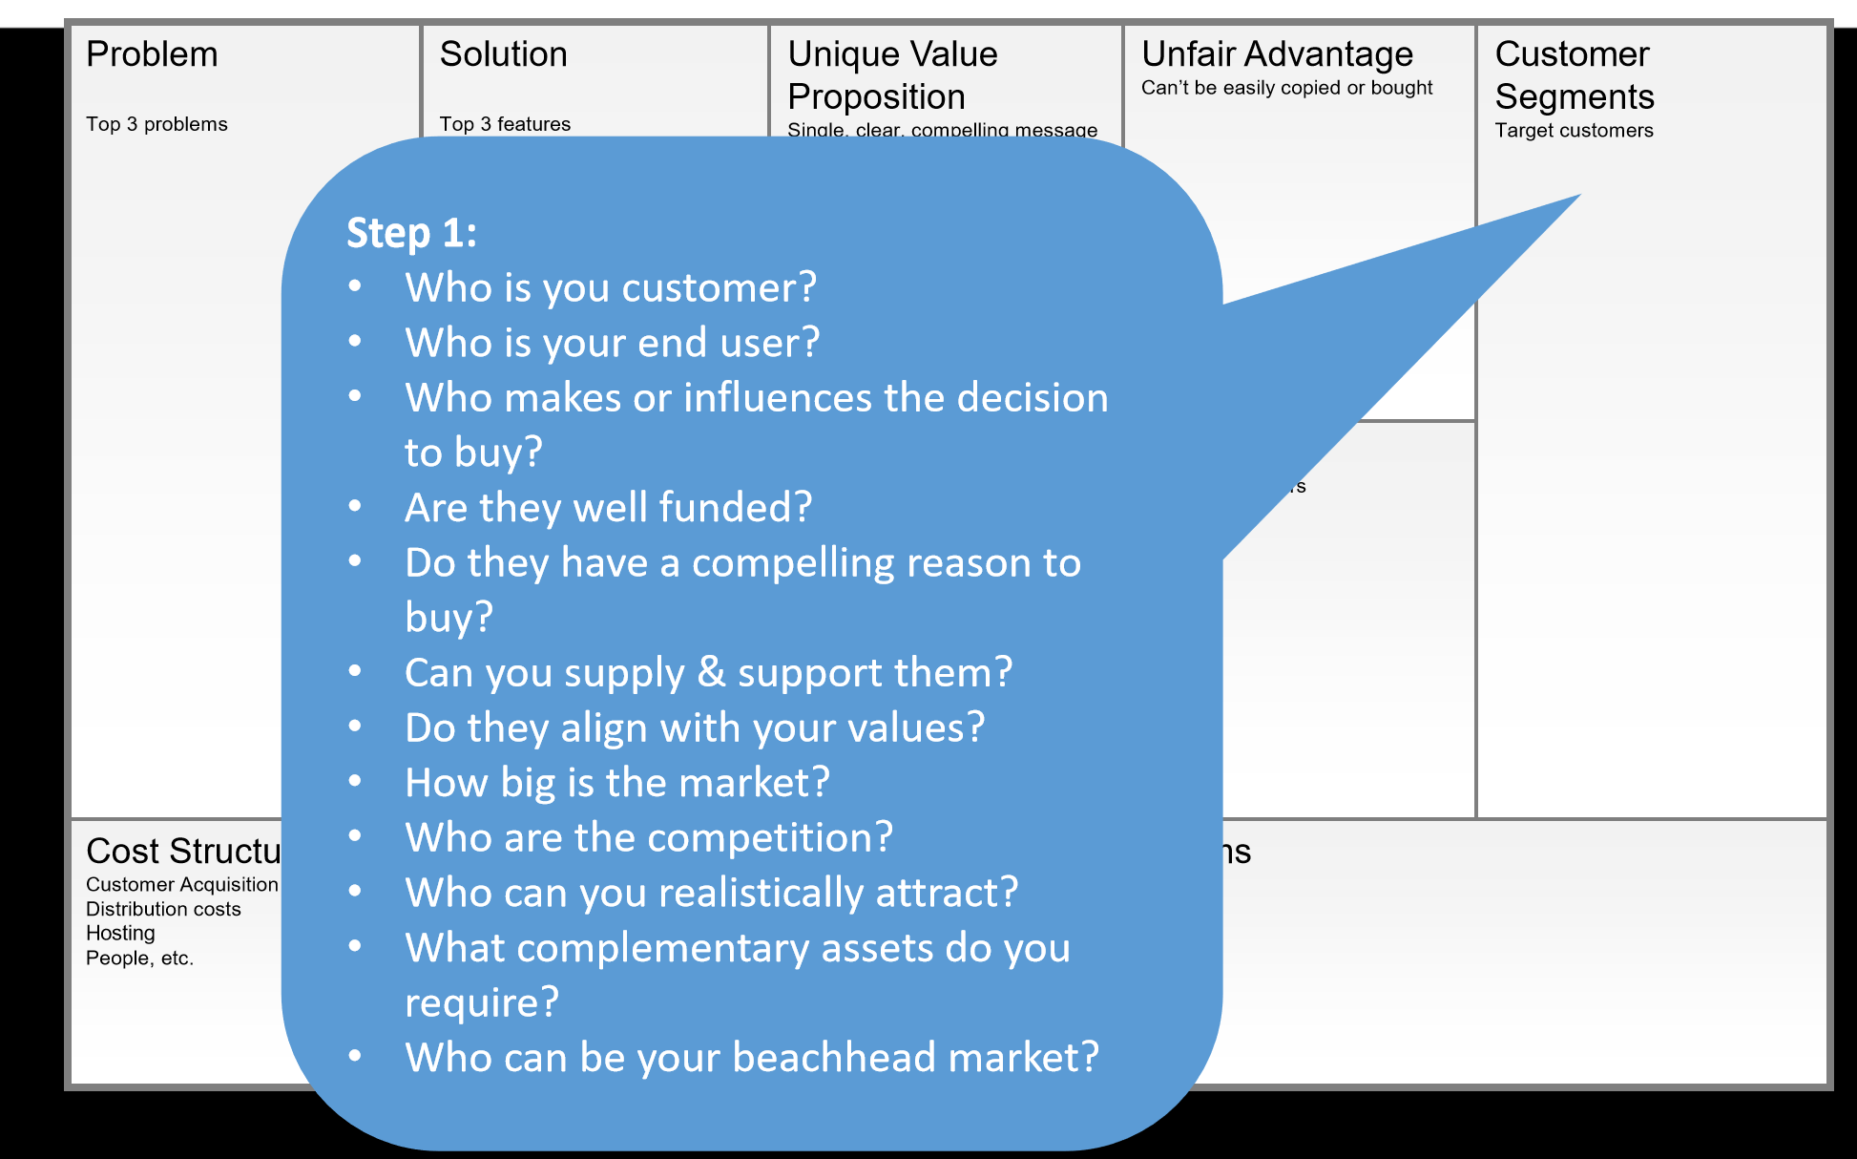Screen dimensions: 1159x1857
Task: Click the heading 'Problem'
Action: [x=152, y=54]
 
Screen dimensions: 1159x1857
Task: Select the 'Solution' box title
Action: [x=503, y=54]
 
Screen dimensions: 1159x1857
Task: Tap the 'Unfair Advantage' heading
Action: [x=1277, y=54]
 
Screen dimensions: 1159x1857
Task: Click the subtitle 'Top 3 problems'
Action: [x=156, y=124]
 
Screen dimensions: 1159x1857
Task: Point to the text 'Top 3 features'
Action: [x=505, y=124]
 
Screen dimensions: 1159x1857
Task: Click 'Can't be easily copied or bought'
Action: [x=1286, y=88]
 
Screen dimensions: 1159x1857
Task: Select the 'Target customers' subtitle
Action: [x=1574, y=131]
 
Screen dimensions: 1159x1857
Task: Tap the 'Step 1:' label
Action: [x=411, y=233]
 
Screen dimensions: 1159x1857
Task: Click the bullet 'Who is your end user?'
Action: [x=612, y=343]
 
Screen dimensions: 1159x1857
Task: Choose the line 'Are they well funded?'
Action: [x=608, y=507]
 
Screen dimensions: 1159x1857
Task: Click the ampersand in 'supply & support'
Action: [x=711, y=672]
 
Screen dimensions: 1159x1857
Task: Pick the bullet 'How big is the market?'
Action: [x=616, y=783]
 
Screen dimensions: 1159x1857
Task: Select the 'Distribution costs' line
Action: [x=163, y=909]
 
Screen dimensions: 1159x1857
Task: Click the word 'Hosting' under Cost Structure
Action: [x=120, y=933]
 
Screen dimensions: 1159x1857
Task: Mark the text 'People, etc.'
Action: [x=139, y=958]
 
